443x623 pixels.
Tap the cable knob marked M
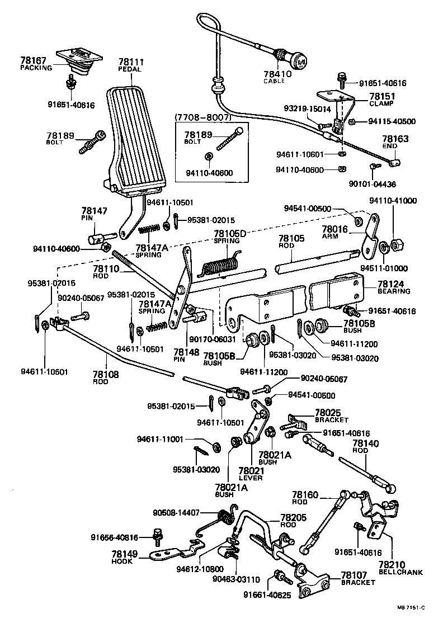click(x=299, y=59)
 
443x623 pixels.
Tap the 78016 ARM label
click(x=335, y=231)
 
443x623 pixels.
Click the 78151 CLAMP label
click(x=380, y=100)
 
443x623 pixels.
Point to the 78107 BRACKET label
click(x=357, y=578)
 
